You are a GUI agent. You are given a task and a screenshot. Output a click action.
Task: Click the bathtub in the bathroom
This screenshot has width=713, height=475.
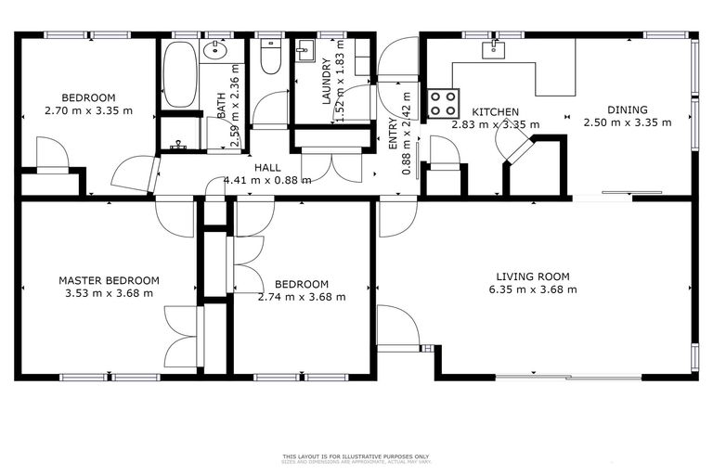(x=179, y=74)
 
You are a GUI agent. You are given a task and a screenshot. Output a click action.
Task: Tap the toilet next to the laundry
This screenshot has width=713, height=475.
(x=270, y=58)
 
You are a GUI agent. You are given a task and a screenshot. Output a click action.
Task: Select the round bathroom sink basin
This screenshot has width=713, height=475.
(x=217, y=51)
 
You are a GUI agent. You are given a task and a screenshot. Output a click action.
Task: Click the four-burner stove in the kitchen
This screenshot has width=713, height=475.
(x=443, y=101)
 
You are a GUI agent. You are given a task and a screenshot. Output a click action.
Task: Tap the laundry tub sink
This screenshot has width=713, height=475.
(x=305, y=50)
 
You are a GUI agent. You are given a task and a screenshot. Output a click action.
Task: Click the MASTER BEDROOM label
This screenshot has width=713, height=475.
(x=109, y=280)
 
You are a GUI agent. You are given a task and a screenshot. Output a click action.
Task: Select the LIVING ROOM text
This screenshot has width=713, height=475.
(x=532, y=276)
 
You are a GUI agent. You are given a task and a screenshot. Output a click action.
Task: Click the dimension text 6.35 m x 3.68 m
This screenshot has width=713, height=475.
(x=532, y=289)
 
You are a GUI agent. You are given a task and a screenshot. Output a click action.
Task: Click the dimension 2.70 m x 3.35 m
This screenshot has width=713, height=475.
(x=88, y=111)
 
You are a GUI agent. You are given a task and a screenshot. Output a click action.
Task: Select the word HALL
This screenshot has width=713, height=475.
(x=267, y=167)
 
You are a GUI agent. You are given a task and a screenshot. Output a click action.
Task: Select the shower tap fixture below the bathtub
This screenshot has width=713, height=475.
(x=179, y=146)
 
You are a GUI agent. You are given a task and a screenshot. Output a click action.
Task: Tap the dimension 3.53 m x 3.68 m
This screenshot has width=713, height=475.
(x=109, y=293)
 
